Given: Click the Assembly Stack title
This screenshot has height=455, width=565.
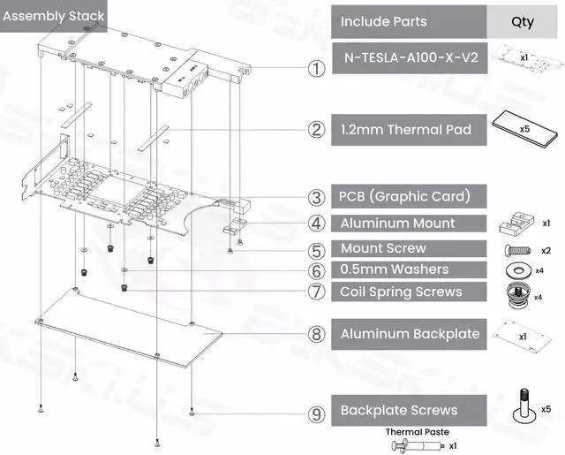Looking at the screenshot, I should pyautogui.click(x=54, y=16).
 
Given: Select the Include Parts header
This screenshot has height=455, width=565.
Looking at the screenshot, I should pyautogui.click(x=383, y=21).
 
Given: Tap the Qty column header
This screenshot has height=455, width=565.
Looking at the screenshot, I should pyautogui.click(x=522, y=21).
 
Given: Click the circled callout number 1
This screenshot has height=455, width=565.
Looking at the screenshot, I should pyautogui.click(x=314, y=69).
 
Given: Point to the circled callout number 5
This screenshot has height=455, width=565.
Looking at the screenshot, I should pyautogui.click(x=314, y=251).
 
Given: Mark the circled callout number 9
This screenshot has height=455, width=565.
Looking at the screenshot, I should pyautogui.click(x=314, y=412).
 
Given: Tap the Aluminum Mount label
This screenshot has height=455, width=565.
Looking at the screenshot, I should pyautogui.click(x=397, y=224).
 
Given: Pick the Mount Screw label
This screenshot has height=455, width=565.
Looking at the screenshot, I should pyautogui.click(x=383, y=248).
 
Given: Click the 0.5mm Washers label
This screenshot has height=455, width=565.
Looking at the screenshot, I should pyautogui.click(x=394, y=269).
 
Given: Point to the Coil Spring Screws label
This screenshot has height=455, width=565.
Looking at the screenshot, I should pyautogui.click(x=401, y=292).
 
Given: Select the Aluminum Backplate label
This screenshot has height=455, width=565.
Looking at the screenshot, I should pyautogui.click(x=410, y=333).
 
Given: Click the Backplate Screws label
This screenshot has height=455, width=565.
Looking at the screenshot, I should pyautogui.click(x=398, y=410).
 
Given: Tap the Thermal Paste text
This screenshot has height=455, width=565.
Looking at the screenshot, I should pyautogui.click(x=417, y=432).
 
